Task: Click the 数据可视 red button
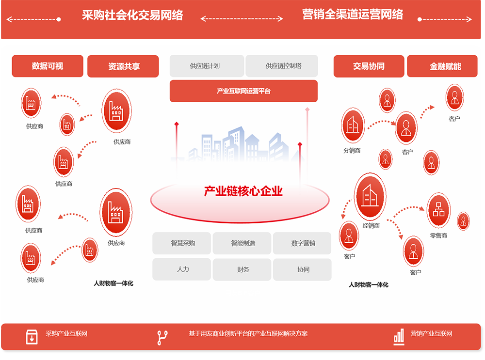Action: click(x=48, y=66)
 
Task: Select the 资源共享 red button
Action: click(x=123, y=66)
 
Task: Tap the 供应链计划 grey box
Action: click(x=207, y=66)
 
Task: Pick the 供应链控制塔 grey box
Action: click(x=282, y=66)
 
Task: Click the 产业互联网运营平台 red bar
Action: click(x=244, y=91)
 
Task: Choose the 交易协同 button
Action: click(x=369, y=66)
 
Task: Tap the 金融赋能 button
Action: click(x=442, y=66)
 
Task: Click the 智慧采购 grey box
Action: click(x=182, y=243)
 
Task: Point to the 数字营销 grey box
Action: click(x=302, y=243)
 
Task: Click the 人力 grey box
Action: click(x=182, y=269)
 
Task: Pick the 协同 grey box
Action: click(x=302, y=269)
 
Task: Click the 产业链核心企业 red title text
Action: click(x=243, y=191)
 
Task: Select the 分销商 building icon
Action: click(x=353, y=125)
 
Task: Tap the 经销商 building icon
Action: click(x=370, y=196)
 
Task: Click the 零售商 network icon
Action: click(x=438, y=210)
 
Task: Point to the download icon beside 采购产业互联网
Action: click(x=32, y=337)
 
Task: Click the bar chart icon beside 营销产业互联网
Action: click(x=399, y=337)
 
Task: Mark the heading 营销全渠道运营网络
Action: click(x=353, y=15)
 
